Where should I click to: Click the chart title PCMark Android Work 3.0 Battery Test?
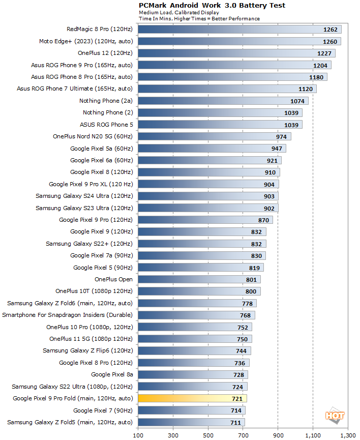pos(212,6)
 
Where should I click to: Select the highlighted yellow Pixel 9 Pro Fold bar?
pos(192,398)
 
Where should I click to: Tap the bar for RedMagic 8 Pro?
pos(239,30)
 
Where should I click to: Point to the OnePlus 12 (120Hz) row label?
pos(105,53)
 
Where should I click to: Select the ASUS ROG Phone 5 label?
pos(106,124)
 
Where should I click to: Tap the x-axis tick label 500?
pos(208,435)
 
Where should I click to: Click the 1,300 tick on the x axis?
pos(348,435)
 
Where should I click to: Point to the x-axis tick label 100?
pos(138,435)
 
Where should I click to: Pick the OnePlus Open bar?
pos(199,279)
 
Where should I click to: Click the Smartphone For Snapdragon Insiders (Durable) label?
pos(68,315)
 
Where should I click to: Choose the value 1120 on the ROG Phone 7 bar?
pos(306,89)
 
